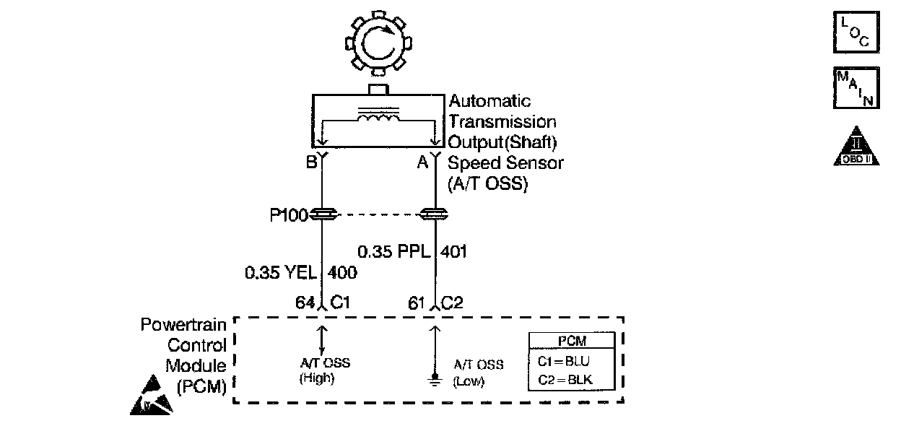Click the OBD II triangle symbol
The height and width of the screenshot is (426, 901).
[x=856, y=148]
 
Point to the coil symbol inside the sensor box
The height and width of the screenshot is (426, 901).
[x=378, y=116]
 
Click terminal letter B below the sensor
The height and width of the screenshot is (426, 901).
[x=311, y=162]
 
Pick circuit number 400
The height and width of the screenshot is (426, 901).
[x=342, y=273]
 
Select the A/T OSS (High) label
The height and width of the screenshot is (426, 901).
[x=324, y=370]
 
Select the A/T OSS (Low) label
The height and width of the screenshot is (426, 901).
[x=478, y=373]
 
